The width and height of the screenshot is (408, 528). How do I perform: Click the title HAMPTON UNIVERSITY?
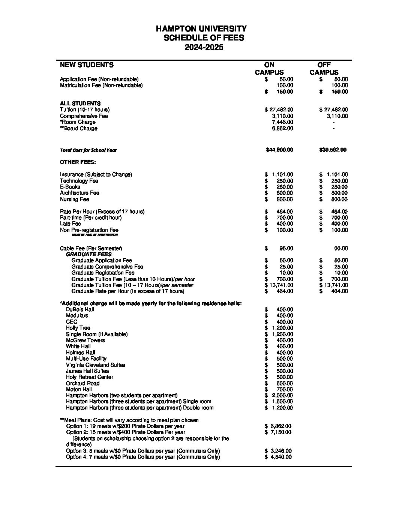pyautogui.click(x=201, y=29)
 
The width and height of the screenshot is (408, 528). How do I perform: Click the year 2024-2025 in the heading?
pyautogui.click(x=204, y=47)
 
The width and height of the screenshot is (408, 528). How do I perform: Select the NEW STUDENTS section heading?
pyautogui.click(x=87, y=65)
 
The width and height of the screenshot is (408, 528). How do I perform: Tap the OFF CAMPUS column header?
pyautogui.click(x=324, y=69)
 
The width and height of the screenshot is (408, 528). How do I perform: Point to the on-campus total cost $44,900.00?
pyautogui.click(x=279, y=150)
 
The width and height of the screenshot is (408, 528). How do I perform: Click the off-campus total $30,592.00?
pyautogui.click(x=333, y=150)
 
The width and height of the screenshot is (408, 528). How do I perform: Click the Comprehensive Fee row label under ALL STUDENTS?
pyautogui.click(x=84, y=116)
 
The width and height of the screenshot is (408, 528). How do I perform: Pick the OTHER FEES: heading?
pyautogui.click(x=78, y=162)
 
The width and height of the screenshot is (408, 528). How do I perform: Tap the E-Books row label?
pyautogui.click(x=70, y=187)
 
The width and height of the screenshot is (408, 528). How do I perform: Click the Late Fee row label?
pyautogui.click(x=70, y=224)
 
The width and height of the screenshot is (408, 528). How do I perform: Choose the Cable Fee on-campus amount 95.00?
pyautogui.click(x=286, y=248)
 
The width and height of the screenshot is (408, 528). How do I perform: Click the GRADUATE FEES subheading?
pyautogui.click(x=88, y=254)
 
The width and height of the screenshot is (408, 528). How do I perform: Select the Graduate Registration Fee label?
pyautogui.click(x=103, y=273)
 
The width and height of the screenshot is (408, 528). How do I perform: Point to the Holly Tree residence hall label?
pyautogui.click(x=78, y=328)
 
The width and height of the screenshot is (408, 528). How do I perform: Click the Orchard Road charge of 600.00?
pyautogui.click(x=285, y=383)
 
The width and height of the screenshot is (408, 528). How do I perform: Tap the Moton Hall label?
pyautogui.click(x=79, y=389)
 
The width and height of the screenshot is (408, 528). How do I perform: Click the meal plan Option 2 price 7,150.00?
pyautogui.click(x=281, y=432)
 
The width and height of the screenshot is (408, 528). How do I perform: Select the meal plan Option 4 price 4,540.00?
pyautogui.click(x=281, y=457)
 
